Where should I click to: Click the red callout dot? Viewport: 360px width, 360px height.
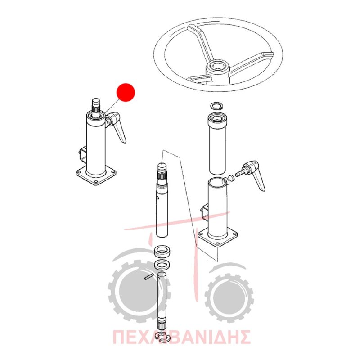pos(126,92)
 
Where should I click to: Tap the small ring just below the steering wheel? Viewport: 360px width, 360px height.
pos(217,106)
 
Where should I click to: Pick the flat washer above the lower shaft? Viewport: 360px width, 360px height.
pos(162,265)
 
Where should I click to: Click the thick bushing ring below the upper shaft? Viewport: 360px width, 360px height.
pos(162,251)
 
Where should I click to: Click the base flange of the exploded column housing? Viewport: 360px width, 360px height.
pos(218,237)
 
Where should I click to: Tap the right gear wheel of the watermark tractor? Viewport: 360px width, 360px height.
pos(229,297)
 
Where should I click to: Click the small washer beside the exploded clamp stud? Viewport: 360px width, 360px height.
pos(231,178)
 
